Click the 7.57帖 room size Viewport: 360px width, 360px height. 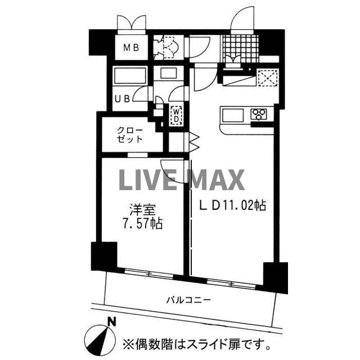point(143,224)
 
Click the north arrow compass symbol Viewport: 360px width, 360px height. point(100,339)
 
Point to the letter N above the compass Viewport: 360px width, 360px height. point(112,322)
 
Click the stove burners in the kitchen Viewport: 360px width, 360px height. point(260,115)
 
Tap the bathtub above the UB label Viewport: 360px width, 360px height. point(130,76)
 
